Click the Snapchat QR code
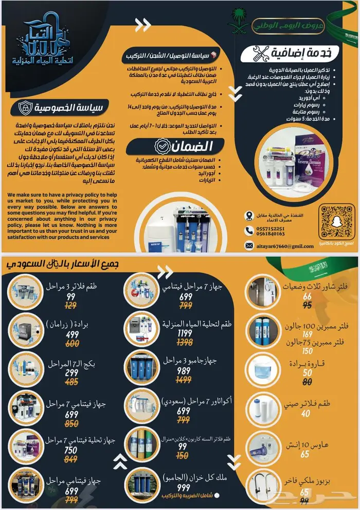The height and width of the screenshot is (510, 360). pos(337,221)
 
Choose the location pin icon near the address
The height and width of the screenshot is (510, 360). pos(249,215)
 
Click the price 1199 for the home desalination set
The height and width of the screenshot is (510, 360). pos(186,333)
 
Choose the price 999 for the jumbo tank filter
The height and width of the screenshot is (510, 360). pos(184,488)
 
